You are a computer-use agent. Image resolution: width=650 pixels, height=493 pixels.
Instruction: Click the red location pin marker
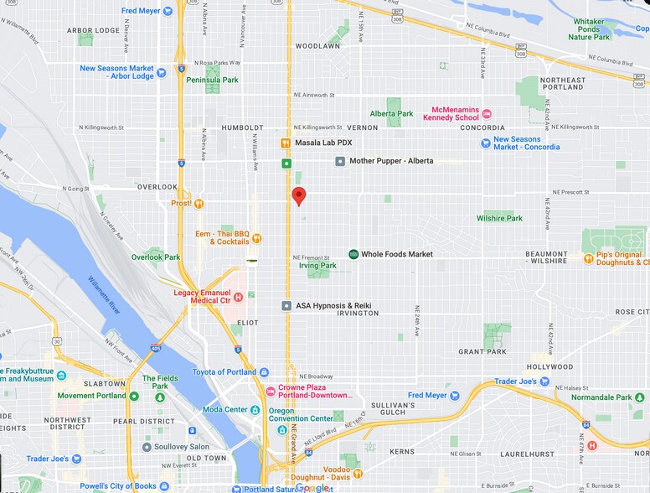point(298,196)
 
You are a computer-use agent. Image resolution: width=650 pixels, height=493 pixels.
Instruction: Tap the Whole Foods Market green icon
point(353,254)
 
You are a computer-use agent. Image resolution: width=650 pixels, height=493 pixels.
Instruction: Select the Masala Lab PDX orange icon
point(286,143)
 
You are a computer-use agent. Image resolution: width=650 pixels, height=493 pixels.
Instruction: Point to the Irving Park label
point(317,266)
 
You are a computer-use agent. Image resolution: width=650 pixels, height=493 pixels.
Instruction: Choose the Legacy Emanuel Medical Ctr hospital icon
point(238,297)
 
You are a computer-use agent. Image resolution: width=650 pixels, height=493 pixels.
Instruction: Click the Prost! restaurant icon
point(199,203)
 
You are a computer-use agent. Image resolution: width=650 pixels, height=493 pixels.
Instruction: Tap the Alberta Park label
point(391,114)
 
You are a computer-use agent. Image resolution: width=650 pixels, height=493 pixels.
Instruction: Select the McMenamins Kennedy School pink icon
point(487,113)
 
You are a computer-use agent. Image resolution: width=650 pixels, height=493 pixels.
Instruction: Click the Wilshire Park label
point(499,219)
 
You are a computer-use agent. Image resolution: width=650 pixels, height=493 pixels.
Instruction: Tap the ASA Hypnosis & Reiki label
point(333,306)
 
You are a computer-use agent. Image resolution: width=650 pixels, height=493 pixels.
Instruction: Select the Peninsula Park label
point(212,80)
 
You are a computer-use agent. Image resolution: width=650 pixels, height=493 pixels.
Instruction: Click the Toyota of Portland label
point(226,372)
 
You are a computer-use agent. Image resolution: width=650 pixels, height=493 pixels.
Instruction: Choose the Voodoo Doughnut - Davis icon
point(358,474)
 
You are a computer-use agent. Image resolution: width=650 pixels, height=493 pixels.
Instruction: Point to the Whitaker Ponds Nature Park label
point(596,29)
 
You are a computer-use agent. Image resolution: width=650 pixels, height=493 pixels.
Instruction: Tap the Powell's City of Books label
point(118,486)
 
